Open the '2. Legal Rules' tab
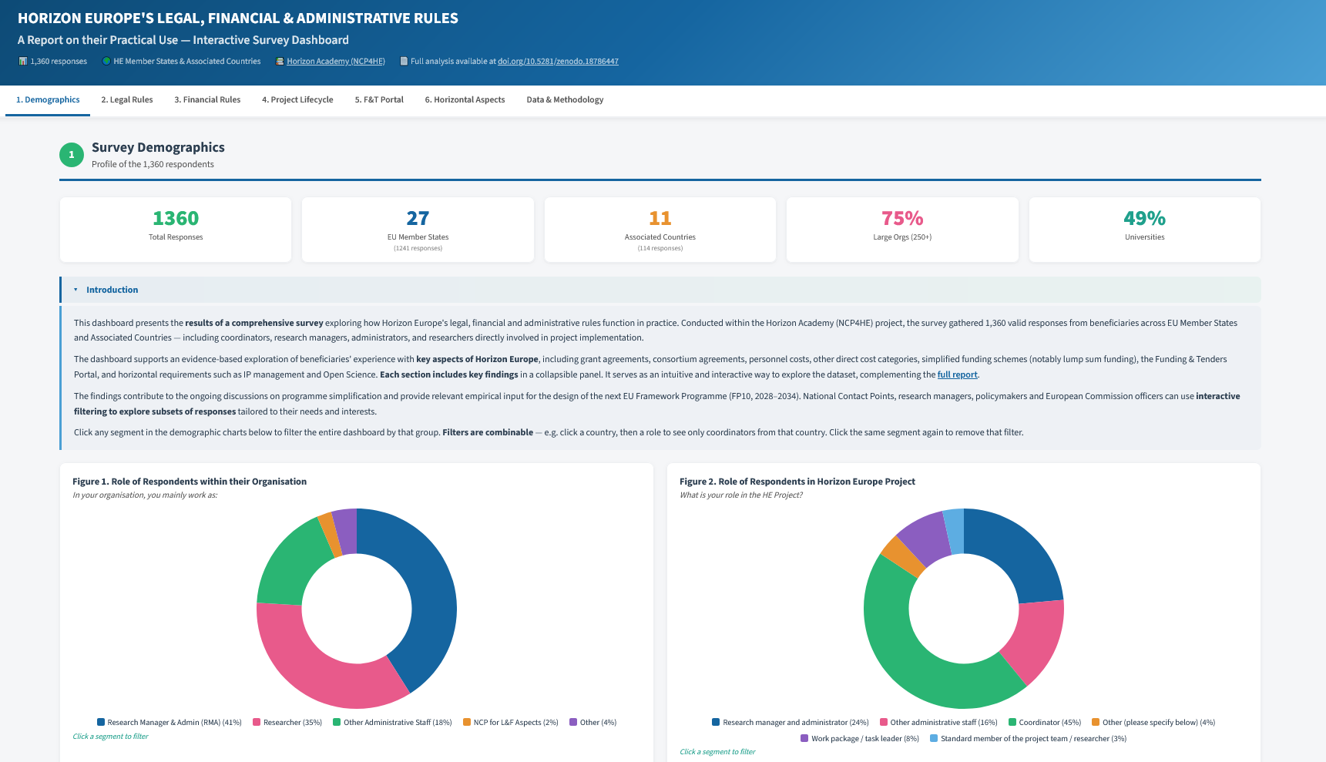(127, 99)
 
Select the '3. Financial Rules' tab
(207, 99)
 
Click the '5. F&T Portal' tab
(379, 99)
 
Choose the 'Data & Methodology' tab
(565, 99)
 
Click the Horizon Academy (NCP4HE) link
(336, 62)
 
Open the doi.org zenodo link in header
(558, 62)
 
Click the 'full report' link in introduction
(958, 374)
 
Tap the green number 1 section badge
(72, 155)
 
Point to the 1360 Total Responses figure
(176, 218)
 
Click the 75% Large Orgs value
(902, 218)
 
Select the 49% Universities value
(1144, 218)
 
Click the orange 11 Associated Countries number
(660, 218)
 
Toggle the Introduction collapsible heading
(112, 290)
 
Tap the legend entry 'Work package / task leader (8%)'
(860, 739)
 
